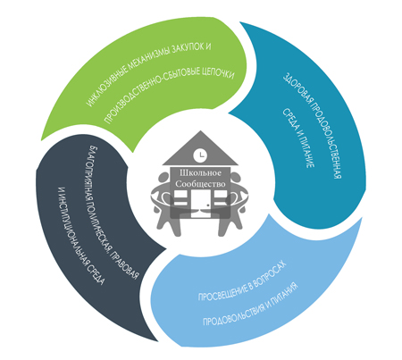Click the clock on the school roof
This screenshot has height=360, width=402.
click(x=201, y=155)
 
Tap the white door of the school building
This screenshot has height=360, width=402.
click(x=201, y=204)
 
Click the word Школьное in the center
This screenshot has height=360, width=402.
click(x=200, y=173)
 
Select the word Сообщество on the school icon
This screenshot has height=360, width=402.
click(x=200, y=184)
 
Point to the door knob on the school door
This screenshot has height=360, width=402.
click(x=208, y=205)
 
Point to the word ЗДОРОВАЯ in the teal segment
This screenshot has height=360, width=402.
click(x=293, y=88)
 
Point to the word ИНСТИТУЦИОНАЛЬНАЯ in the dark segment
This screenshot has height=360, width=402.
click(x=77, y=235)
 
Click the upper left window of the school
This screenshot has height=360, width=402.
click(x=180, y=194)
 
